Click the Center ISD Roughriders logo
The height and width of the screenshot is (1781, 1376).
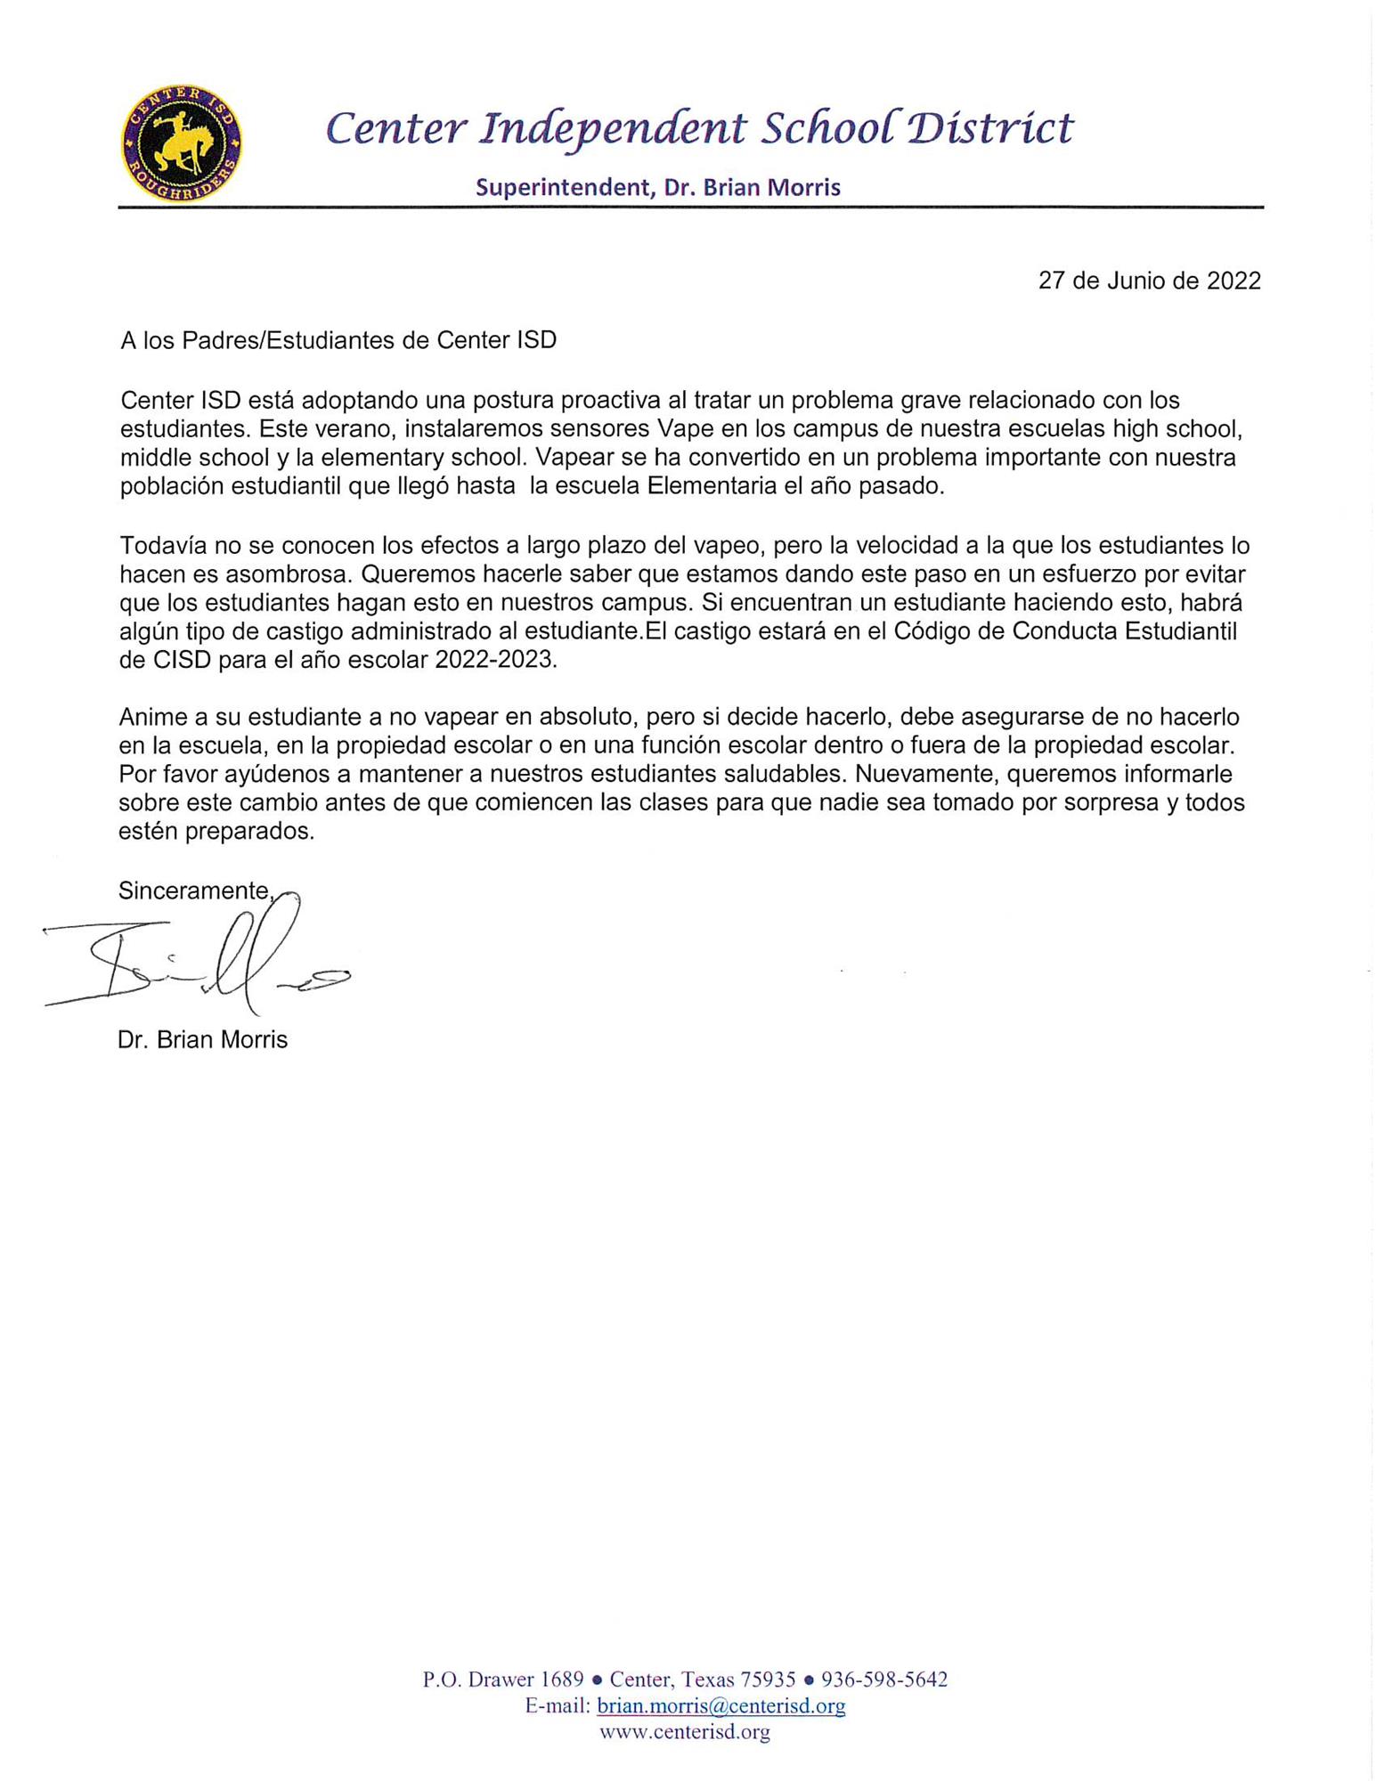click(x=182, y=143)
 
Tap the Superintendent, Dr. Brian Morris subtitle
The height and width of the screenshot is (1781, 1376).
click(x=657, y=187)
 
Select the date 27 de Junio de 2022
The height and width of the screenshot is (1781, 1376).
click(x=1149, y=281)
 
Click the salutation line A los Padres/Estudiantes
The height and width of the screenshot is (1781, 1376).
click(x=338, y=340)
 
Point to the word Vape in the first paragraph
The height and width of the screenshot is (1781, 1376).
click(x=683, y=429)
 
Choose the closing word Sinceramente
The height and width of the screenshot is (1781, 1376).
click(x=193, y=890)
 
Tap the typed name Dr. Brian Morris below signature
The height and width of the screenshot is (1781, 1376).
click(x=202, y=1039)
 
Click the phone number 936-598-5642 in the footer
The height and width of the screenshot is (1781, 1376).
click(x=883, y=1679)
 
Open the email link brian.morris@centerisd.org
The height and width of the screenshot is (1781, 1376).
click(x=721, y=1705)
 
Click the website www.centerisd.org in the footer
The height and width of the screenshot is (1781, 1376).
click(x=684, y=1731)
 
